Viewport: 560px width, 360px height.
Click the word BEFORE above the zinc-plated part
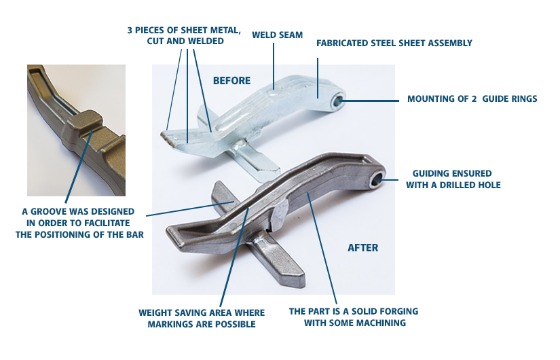pos(231,80)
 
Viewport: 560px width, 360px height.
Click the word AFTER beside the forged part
pos(363,248)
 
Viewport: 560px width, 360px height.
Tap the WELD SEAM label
pos(277,35)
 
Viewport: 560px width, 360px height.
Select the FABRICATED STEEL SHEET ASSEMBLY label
pos(394,43)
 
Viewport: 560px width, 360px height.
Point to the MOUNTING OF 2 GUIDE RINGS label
pos(472,98)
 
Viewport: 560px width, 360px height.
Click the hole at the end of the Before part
pos(338,101)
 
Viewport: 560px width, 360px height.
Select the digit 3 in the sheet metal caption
pos(130,31)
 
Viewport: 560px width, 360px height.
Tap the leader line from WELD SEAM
pos(274,66)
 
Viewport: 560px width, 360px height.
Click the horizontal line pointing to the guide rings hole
pos(370,101)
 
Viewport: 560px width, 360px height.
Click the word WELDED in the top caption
pos(206,41)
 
